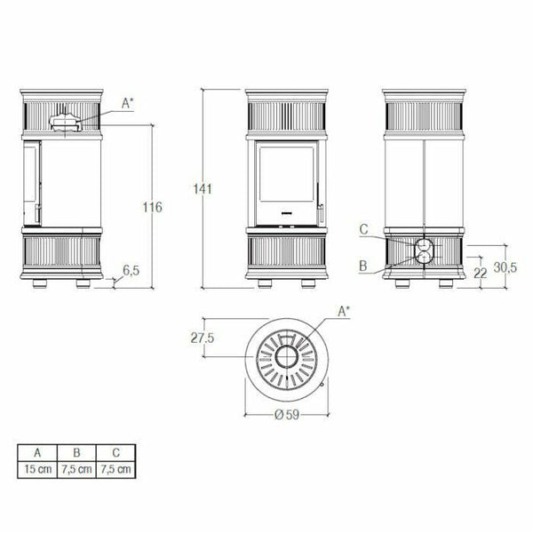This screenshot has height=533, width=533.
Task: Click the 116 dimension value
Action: (x=152, y=207)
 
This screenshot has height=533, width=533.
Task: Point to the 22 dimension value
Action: (x=481, y=274)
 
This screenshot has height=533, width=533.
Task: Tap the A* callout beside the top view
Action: (x=345, y=310)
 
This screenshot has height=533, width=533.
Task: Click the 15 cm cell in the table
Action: (x=38, y=468)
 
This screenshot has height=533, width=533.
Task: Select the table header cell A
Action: (x=38, y=452)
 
